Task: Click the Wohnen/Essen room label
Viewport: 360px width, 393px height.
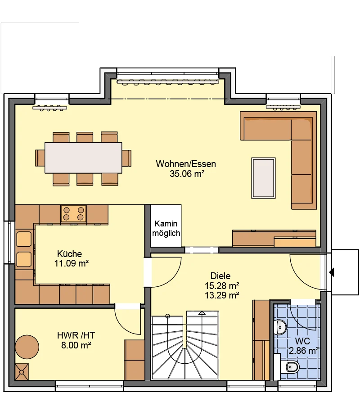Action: pos(186,164)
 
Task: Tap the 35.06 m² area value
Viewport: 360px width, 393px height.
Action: pos(187,174)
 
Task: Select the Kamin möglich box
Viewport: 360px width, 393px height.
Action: pos(166,226)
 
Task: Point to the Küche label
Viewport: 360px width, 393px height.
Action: pos(69,254)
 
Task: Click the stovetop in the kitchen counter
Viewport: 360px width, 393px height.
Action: pos(73,213)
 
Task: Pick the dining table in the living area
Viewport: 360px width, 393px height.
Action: pos(83,158)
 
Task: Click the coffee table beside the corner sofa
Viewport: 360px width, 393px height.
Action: pos(263,178)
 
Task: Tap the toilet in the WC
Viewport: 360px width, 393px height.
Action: pos(292,367)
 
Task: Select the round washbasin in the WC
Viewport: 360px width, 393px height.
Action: pos(280,327)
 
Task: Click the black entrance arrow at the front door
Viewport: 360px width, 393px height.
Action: pos(332,272)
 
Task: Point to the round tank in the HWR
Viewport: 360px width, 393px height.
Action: pos(27,347)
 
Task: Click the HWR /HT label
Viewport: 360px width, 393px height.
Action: pos(76,335)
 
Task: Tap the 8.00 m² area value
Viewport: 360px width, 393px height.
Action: pos(76,345)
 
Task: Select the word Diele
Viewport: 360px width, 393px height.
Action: pos(220,276)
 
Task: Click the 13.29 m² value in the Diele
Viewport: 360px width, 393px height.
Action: pos(222,295)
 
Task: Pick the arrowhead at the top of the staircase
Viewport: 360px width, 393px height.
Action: pos(202,313)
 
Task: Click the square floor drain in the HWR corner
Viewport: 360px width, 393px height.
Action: pos(22,372)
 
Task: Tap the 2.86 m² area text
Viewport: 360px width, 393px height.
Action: pos(304,351)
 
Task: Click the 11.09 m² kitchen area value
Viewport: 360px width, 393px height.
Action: pos(72,263)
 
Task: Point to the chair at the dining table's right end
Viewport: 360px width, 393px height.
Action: pos(126,158)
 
